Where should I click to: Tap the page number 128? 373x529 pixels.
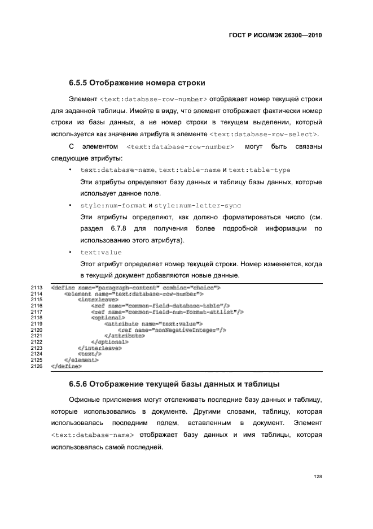point(317,476)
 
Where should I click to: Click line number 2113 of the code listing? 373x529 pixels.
point(37,288)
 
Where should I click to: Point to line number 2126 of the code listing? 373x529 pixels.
point(37,366)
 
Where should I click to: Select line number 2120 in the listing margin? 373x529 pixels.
point(37,330)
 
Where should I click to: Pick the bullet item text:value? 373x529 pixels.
point(100,252)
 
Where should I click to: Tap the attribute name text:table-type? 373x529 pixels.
point(260,170)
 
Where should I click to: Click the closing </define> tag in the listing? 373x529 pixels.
point(65,366)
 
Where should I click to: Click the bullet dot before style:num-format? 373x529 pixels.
point(69,206)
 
